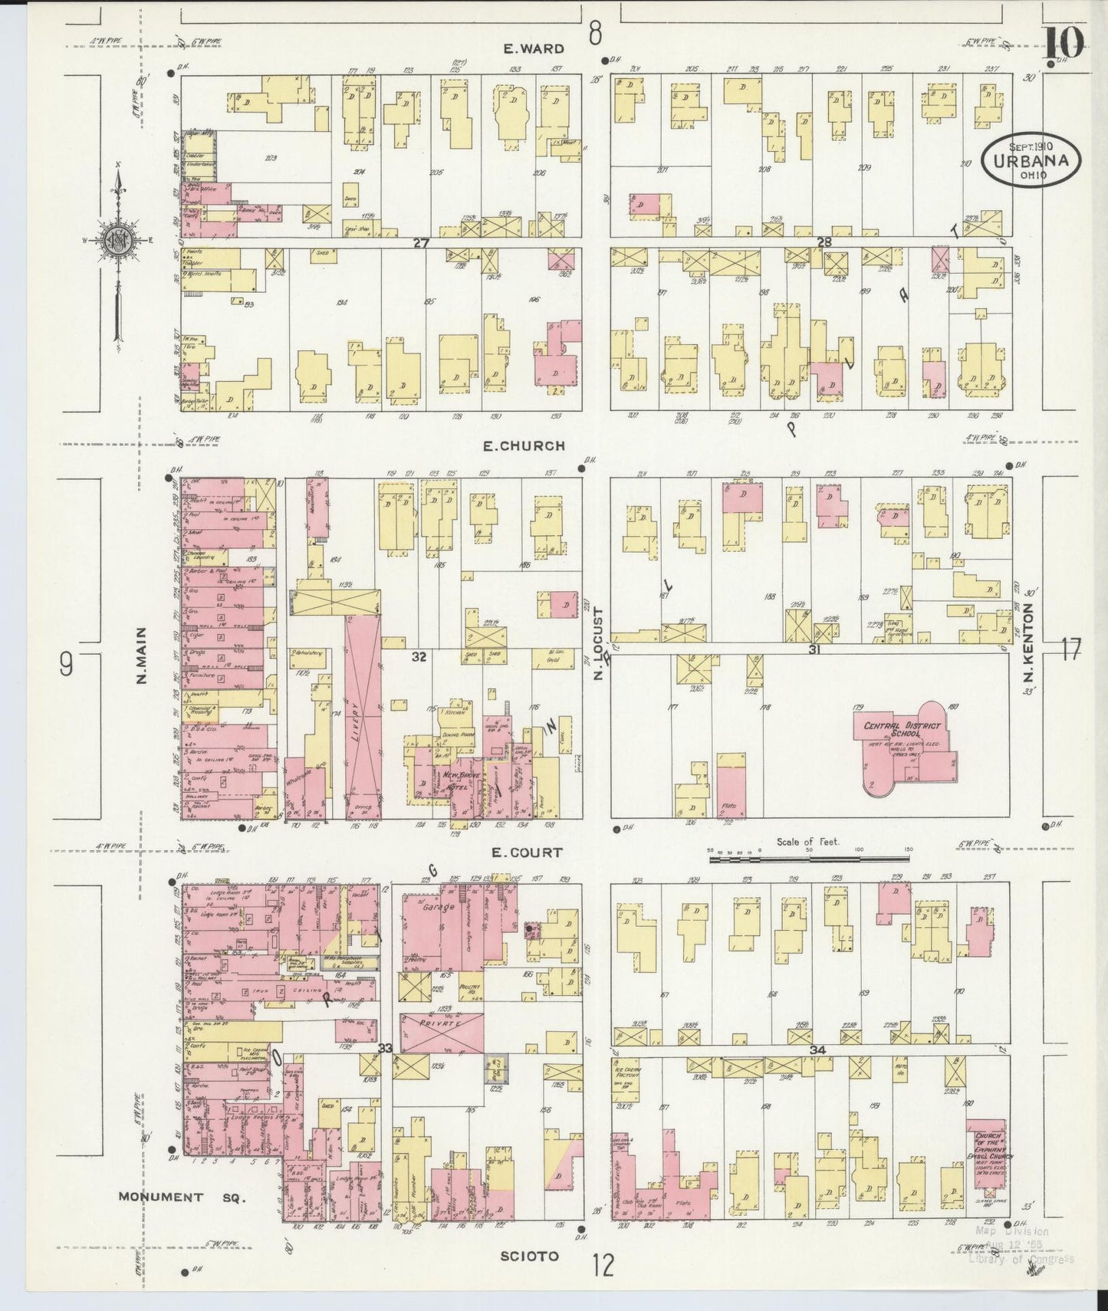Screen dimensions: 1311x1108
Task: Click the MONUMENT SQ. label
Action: pos(182,1197)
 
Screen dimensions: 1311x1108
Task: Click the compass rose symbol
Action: pos(120,238)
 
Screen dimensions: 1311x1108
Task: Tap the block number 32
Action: pos(419,657)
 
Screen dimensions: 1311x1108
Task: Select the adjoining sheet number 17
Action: pos(1071,650)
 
